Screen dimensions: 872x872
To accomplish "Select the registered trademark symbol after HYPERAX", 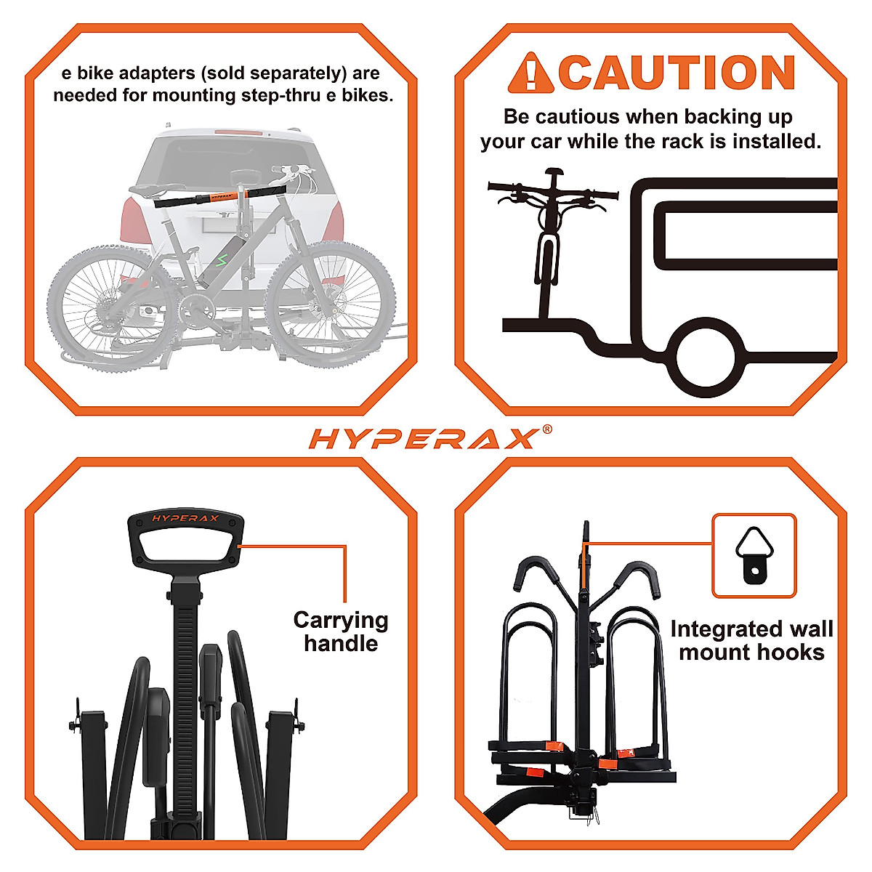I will [x=546, y=429].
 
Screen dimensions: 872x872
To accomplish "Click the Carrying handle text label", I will [x=340, y=631].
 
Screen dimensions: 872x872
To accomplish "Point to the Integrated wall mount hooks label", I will [x=751, y=640].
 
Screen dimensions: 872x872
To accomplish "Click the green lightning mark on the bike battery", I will [x=220, y=259].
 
